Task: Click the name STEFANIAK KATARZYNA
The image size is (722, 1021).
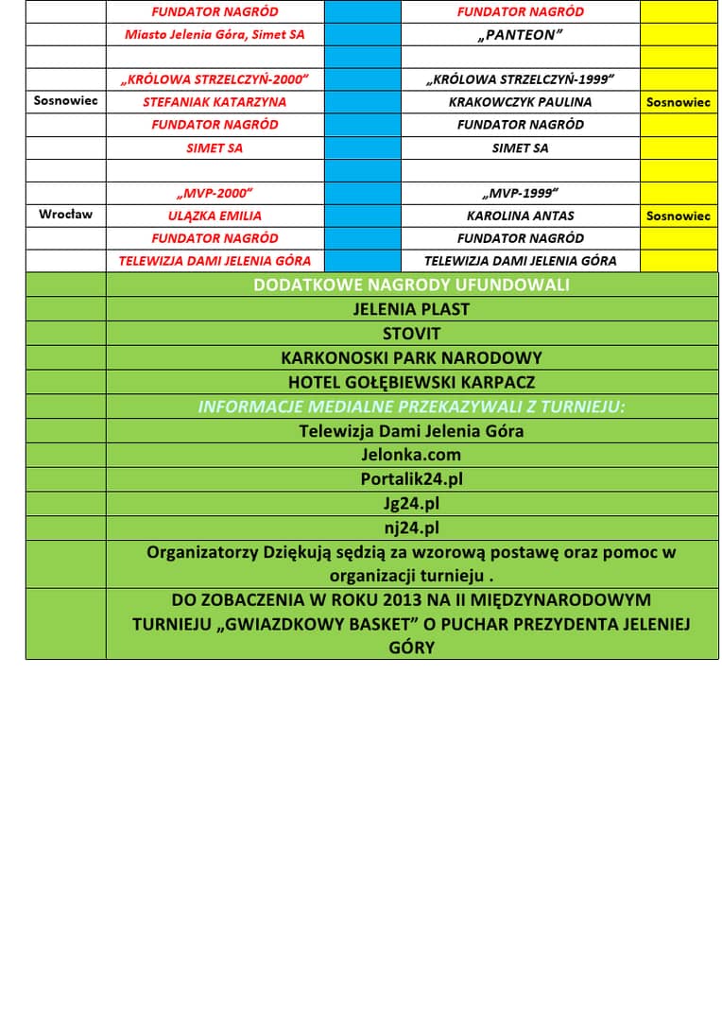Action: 215,102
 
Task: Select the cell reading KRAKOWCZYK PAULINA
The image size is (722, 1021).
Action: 520,102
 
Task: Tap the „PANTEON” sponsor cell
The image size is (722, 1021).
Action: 520,35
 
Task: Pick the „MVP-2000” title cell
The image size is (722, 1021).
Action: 215,194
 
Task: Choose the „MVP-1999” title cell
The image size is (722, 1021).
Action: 520,194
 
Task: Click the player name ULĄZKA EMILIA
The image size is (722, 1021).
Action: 215,216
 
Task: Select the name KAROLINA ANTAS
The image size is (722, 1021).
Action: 520,216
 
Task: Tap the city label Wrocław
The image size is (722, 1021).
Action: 66,215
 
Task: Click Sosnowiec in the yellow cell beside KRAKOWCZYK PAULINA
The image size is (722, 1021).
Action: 678,102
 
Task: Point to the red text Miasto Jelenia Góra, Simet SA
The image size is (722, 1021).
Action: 215,35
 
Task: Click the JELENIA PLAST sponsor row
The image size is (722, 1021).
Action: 411,309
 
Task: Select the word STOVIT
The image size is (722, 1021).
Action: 411,334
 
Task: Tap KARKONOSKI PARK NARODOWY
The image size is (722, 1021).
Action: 411,358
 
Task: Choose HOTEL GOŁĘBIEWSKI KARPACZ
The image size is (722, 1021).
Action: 411,383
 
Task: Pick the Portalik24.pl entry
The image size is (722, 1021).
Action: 411,479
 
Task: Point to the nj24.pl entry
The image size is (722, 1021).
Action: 411,528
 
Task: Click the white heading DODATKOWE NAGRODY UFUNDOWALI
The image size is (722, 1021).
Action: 411,285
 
